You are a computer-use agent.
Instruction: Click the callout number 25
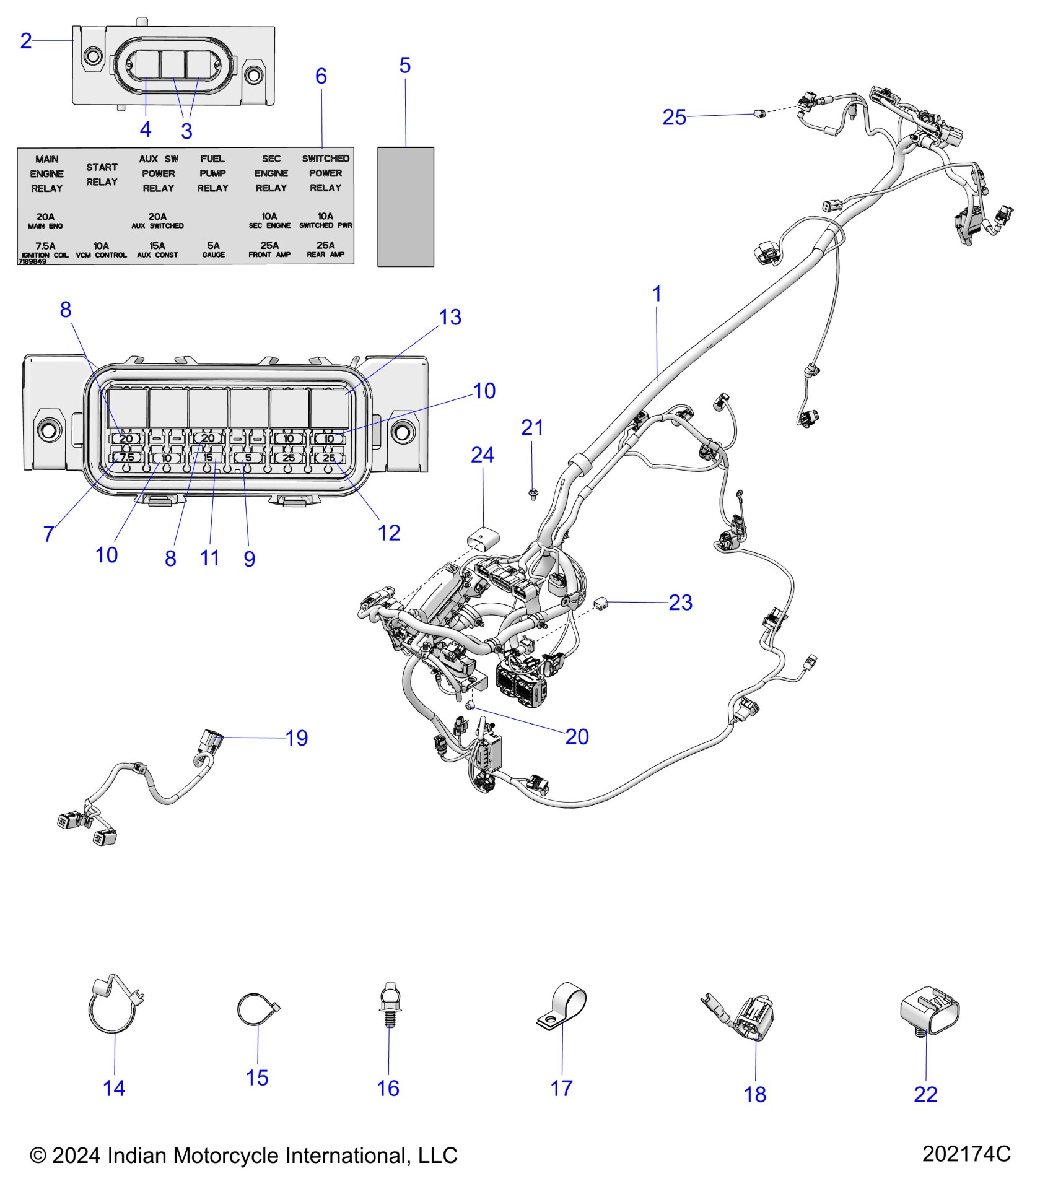674,117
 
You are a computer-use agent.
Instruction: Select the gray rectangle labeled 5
405,207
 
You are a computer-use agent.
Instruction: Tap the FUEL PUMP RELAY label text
212,173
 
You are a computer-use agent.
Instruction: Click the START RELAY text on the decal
102,175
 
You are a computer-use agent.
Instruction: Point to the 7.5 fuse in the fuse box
126,458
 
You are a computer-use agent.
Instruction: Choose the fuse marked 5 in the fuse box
248,458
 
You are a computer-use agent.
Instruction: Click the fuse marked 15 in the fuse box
208,458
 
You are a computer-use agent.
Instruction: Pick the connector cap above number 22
929,1016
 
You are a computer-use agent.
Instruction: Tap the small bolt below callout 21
533,494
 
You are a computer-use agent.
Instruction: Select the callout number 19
297,738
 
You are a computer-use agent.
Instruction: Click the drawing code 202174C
966,1153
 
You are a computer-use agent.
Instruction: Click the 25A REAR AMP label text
325,249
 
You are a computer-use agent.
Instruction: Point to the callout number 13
450,317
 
